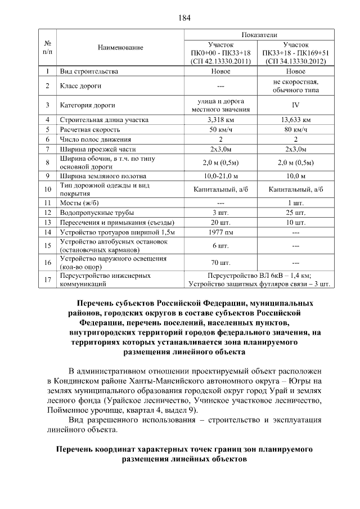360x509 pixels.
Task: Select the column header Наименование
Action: tap(120, 48)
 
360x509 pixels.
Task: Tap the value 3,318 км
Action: tap(220, 120)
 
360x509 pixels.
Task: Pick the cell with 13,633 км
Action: tap(295, 120)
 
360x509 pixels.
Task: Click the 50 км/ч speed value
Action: tap(220, 129)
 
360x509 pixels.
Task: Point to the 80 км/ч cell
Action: tap(295, 129)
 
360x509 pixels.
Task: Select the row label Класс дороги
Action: tap(80, 86)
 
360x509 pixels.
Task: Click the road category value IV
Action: tap(295, 105)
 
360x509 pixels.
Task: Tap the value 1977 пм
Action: tap(220, 232)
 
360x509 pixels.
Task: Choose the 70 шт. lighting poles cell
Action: tap(220, 263)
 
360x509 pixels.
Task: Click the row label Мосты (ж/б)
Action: tap(79, 202)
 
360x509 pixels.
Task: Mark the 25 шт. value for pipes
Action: tap(295, 212)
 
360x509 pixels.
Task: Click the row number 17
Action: tap(48, 280)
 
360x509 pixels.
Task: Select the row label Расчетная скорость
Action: tap(88, 129)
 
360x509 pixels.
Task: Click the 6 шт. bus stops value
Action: tap(220, 246)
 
